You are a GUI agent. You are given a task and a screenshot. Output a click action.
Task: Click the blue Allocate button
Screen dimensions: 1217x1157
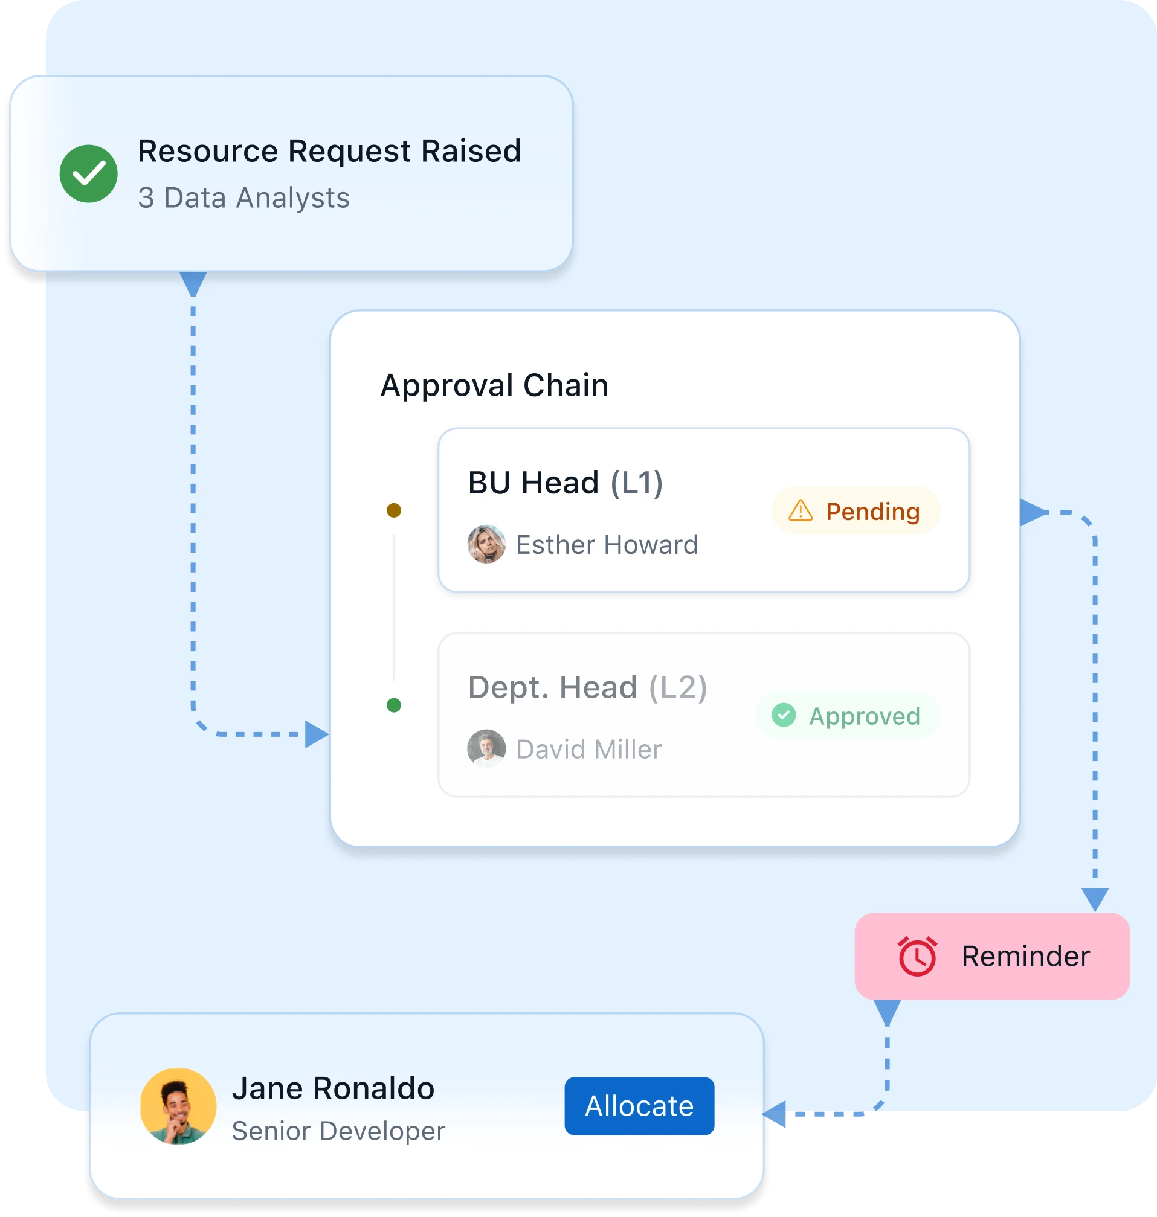tap(639, 1105)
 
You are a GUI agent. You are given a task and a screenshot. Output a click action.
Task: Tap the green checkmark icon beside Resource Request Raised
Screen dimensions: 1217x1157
tap(89, 174)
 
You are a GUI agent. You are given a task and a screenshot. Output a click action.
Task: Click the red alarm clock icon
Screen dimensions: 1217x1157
tap(917, 956)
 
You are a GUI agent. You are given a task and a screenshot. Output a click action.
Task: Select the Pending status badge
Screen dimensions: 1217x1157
tap(856, 511)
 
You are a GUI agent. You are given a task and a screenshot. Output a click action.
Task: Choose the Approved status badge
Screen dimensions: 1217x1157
tap(848, 715)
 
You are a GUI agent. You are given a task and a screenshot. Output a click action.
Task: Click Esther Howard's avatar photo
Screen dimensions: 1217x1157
tap(486, 544)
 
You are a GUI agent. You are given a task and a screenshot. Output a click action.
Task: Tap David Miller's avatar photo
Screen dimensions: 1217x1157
tap(486, 748)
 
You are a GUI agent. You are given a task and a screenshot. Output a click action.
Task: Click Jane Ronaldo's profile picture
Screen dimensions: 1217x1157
tap(178, 1106)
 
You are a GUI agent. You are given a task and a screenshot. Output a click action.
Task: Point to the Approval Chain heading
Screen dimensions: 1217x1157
tap(494, 385)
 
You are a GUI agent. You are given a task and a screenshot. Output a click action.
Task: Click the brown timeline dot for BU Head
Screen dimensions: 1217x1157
tap(394, 510)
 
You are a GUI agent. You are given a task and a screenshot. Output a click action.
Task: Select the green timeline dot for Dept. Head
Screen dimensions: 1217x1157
tap(394, 705)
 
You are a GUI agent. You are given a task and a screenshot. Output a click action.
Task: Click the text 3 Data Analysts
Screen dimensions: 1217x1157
tap(243, 198)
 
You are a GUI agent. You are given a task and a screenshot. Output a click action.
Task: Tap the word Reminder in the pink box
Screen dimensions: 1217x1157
tap(1025, 956)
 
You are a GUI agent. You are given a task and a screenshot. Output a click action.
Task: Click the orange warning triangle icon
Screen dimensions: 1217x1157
tap(801, 511)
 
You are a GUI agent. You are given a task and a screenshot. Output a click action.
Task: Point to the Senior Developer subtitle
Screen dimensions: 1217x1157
tap(338, 1131)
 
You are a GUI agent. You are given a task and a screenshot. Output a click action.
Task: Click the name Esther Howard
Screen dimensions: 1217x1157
tap(607, 545)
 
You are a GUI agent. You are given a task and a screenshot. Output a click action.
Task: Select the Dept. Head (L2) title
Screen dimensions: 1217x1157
tap(587, 687)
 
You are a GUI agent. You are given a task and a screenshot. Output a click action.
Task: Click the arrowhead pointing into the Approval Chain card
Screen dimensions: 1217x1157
tap(317, 734)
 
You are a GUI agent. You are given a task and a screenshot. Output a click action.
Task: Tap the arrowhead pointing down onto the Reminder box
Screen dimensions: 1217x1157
tap(1095, 899)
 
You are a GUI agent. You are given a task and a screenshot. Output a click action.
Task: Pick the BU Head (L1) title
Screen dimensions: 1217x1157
tap(565, 482)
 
